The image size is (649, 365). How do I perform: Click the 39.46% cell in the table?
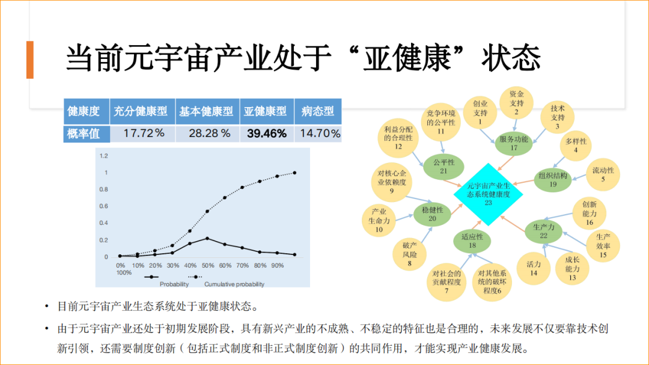266,133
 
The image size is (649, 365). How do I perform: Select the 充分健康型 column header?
141,111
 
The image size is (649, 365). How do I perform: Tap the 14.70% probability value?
320,133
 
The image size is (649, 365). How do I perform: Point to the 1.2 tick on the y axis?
103,156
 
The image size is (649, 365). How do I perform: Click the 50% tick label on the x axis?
207,265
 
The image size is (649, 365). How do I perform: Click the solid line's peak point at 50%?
207,238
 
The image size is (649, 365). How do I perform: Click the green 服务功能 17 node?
514,143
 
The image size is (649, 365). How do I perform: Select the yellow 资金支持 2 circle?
516,103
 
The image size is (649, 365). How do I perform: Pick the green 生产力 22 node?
543,231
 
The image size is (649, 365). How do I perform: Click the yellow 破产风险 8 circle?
409,254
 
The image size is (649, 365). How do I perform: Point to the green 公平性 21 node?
443,167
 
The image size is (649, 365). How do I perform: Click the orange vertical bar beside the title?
29,60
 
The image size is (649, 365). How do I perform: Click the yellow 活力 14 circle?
533,268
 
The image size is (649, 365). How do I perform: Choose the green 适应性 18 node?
472,241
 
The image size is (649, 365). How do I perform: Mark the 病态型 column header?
317,111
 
